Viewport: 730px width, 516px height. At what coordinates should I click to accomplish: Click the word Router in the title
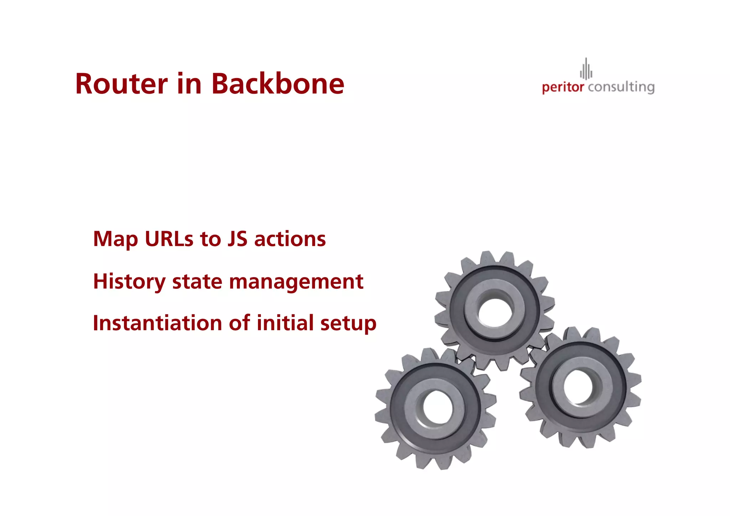click(x=121, y=84)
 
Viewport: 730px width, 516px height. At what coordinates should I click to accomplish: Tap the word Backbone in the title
click(x=278, y=84)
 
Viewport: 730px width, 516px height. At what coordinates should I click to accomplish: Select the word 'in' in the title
click(x=189, y=84)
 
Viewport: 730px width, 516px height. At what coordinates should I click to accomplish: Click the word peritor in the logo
click(x=563, y=87)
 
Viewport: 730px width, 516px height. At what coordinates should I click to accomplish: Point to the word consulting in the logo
click(x=621, y=87)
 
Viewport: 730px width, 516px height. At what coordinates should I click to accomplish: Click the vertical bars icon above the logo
click(x=586, y=69)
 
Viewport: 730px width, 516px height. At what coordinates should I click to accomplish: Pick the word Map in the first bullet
click(x=115, y=239)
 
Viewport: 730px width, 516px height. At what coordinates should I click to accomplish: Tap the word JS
click(x=237, y=239)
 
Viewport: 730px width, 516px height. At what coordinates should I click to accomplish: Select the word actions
click(x=290, y=239)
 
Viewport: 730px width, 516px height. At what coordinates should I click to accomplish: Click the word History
click(x=129, y=282)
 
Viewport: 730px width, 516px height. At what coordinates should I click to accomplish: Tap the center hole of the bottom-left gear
click(x=434, y=408)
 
